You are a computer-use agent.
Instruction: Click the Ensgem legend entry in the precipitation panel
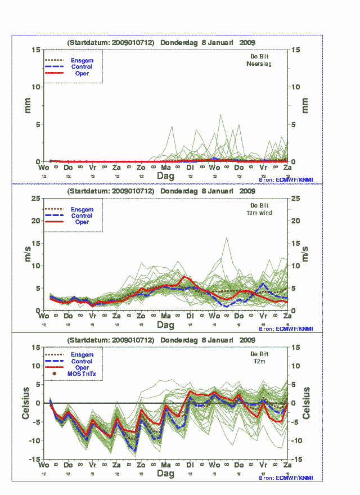(82, 60)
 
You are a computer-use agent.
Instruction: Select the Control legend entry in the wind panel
(82, 215)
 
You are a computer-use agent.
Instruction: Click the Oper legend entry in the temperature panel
(82, 367)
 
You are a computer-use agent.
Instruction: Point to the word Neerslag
(259, 64)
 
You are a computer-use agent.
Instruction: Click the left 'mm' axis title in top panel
(26, 105)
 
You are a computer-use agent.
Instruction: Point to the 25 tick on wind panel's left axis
(35, 199)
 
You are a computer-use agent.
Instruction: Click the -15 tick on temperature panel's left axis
(34, 460)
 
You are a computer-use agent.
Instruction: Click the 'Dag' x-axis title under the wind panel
(165, 325)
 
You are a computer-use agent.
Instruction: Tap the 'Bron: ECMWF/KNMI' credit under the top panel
(286, 179)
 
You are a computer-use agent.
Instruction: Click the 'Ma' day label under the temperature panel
(166, 466)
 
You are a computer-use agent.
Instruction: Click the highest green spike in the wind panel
(227, 237)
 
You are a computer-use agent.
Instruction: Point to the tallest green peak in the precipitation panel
(220, 115)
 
